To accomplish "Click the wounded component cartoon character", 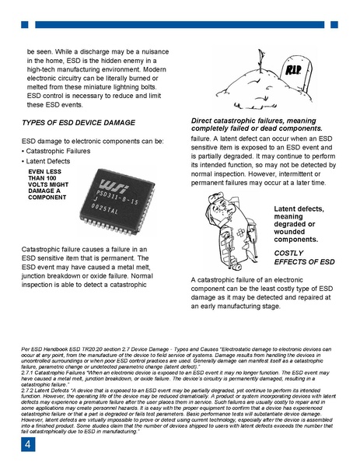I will tap(230, 226).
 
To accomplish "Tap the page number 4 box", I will tap(26, 445).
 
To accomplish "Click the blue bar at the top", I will tap(180, 24).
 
